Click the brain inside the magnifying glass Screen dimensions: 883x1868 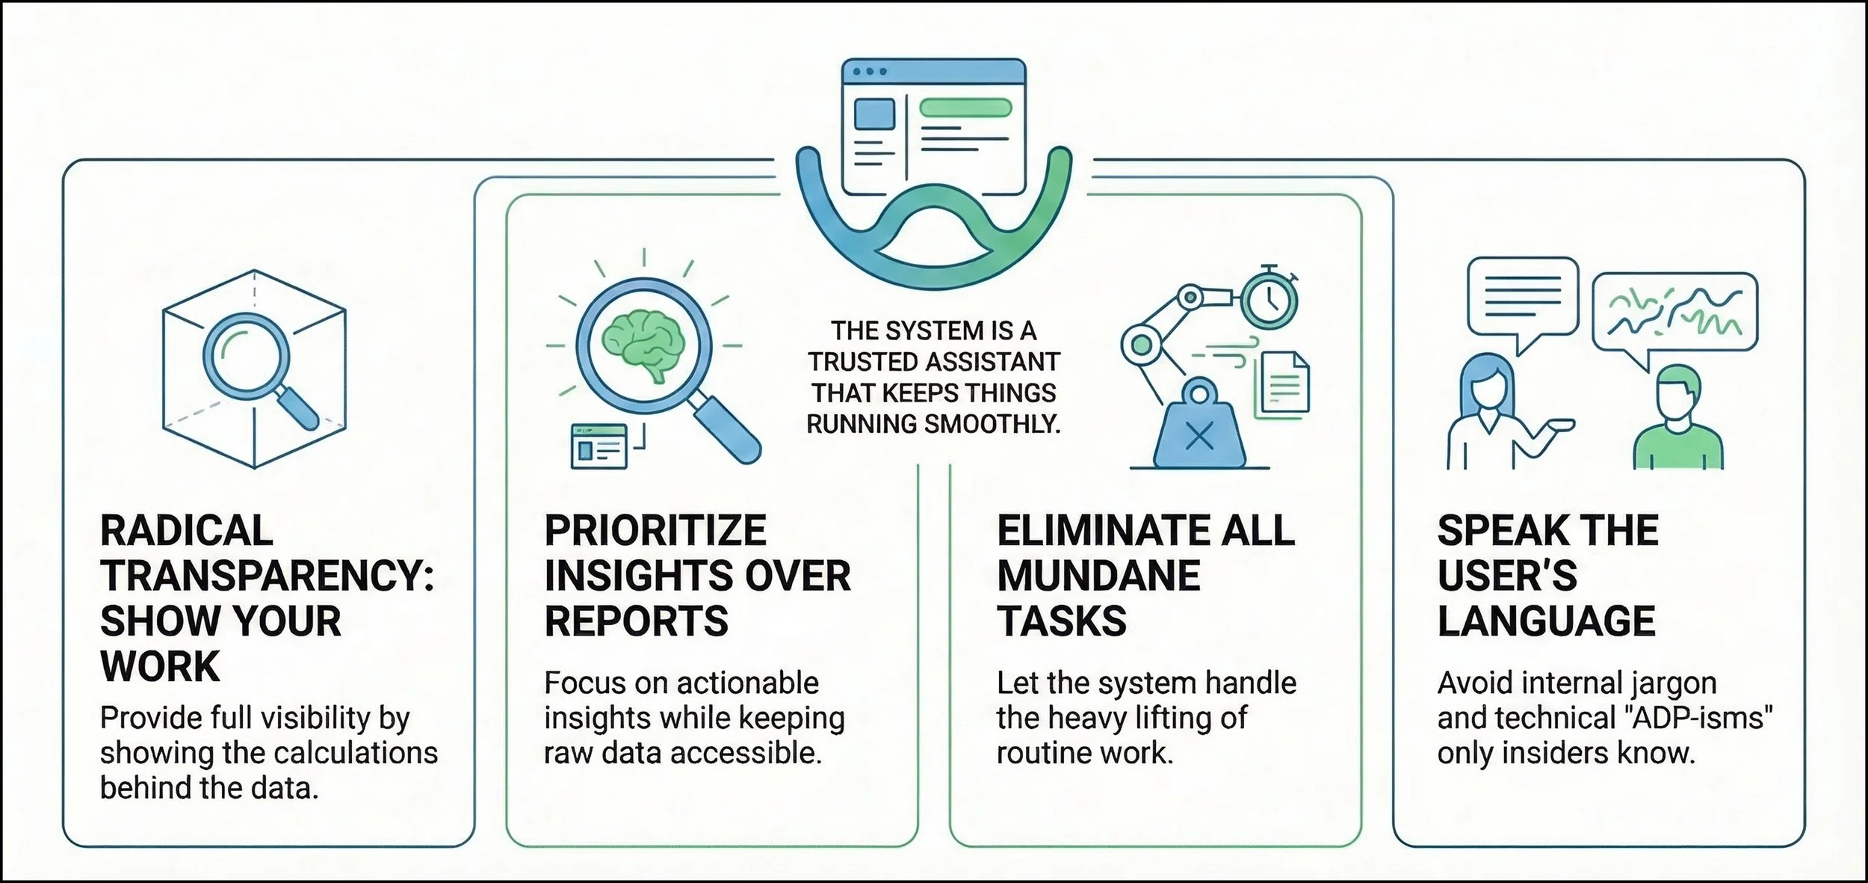pos(643,345)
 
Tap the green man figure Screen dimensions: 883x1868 pos(1677,422)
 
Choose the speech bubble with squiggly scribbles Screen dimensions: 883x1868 pos(1674,313)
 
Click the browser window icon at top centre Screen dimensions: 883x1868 pos(933,127)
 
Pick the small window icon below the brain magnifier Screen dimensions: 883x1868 pos(599,446)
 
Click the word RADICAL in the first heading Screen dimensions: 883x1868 pos(187,531)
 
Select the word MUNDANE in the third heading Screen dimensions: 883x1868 pos(1098,576)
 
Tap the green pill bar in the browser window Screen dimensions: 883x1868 pos(965,108)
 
